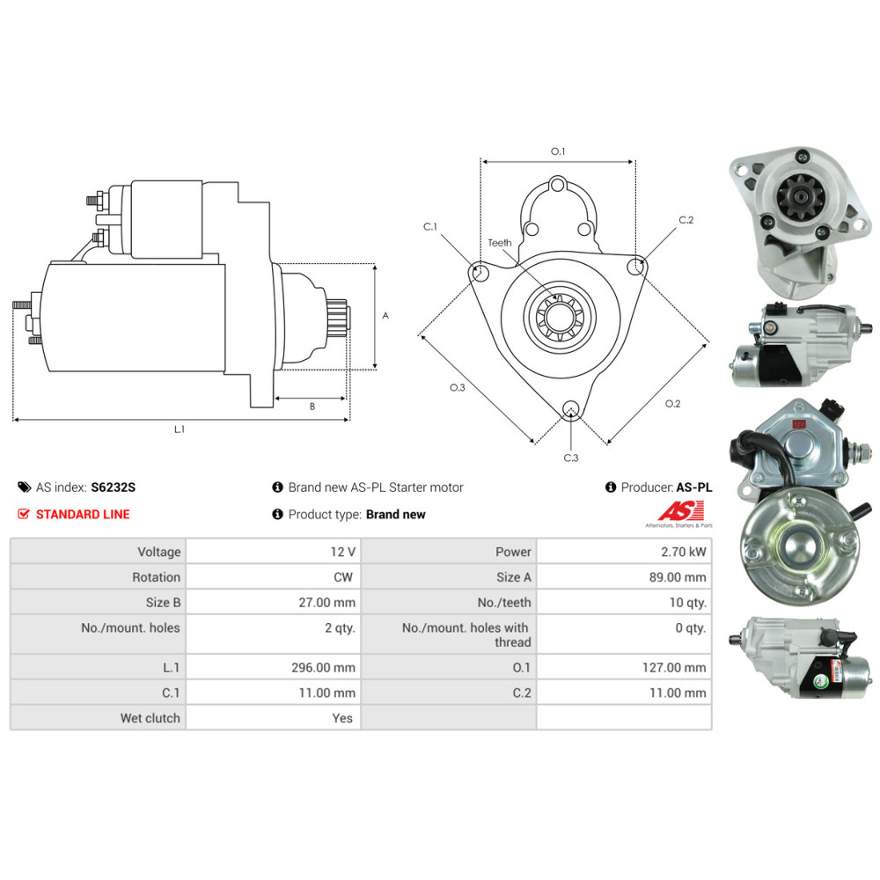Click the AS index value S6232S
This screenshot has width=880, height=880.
click(x=114, y=488)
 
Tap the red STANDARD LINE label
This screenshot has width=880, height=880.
click(x=83, y=514)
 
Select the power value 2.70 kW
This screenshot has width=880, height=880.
click(x=684, y=552)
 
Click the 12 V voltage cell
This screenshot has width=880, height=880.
click(x=343, y=552)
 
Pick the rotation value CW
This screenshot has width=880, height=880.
click(x=343, y=577)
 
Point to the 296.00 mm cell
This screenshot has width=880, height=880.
click(x=323, y=667)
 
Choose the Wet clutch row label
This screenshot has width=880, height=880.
click(x=150, y=718)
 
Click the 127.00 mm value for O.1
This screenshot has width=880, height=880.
click(x=674, y=667)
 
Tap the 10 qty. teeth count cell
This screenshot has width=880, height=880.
click(x=687, y=602)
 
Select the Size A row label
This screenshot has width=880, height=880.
click(x=514, y=577)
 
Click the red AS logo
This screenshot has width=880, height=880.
click(x=681, y=511)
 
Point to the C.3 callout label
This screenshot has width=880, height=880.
click(x=571, y=458)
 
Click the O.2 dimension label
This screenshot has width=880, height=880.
click(x=672, y=404)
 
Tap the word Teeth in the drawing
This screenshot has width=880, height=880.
click(x=500, y=243)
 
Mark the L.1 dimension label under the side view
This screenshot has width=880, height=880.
click(x=179, y=429)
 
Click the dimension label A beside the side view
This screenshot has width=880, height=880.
click(x=385, y=316)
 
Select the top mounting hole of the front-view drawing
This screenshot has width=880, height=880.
click(x=557, y=185)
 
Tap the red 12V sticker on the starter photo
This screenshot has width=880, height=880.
click(x=798, y=424)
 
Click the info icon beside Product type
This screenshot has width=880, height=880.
click(x=277, y=514)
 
